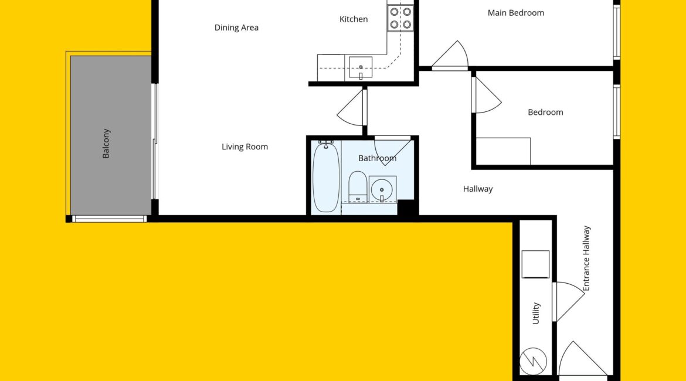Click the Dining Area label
click(x=236, y=28)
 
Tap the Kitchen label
click(x=354, y=19)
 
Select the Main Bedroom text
click(x=516, y=13)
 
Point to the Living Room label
click(x=244, y=147)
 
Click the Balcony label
click(x=106, y=144)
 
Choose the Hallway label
click(x=478, y=189)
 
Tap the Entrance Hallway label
click(x=586, y=258)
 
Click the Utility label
click(x=535, y=313)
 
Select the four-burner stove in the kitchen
click(x=400, y=18)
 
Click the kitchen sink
click(x=361, y=67)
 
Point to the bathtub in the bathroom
click(x=326, y=176)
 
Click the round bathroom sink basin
click(x=382, y=189)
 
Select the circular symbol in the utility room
click(x=533, y=361)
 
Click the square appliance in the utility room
click(x=535, y=264)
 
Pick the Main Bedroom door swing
click(x=451, y=56)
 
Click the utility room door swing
click(x=568, y=302)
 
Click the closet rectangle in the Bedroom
click(x=503, y=151)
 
